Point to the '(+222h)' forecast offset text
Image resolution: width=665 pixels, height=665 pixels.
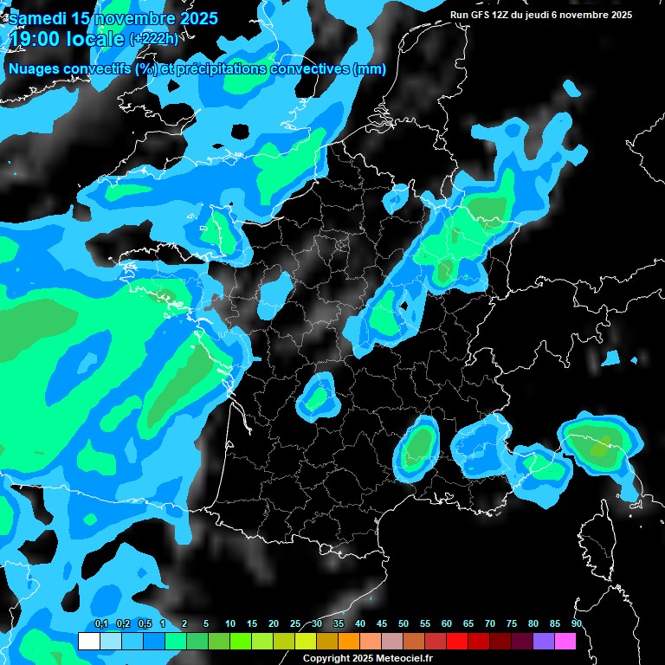coord(154,38)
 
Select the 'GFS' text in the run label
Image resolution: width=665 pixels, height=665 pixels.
coord(487,15)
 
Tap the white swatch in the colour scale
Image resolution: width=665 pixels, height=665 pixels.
coord(88,642)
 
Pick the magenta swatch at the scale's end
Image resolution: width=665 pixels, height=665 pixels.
coord(565,642)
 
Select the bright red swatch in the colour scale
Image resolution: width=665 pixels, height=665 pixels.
coord(457,642)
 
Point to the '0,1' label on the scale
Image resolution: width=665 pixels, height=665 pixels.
coord(100,624)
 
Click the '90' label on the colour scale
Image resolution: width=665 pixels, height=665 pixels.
coord(577,624)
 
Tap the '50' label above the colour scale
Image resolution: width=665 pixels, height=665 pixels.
coord(404,624)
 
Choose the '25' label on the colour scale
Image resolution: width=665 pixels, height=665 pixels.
coord(295,624)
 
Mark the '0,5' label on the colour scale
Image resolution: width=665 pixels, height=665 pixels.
coord(144,624)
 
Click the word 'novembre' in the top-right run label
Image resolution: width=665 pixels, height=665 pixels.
coord(594,15)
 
